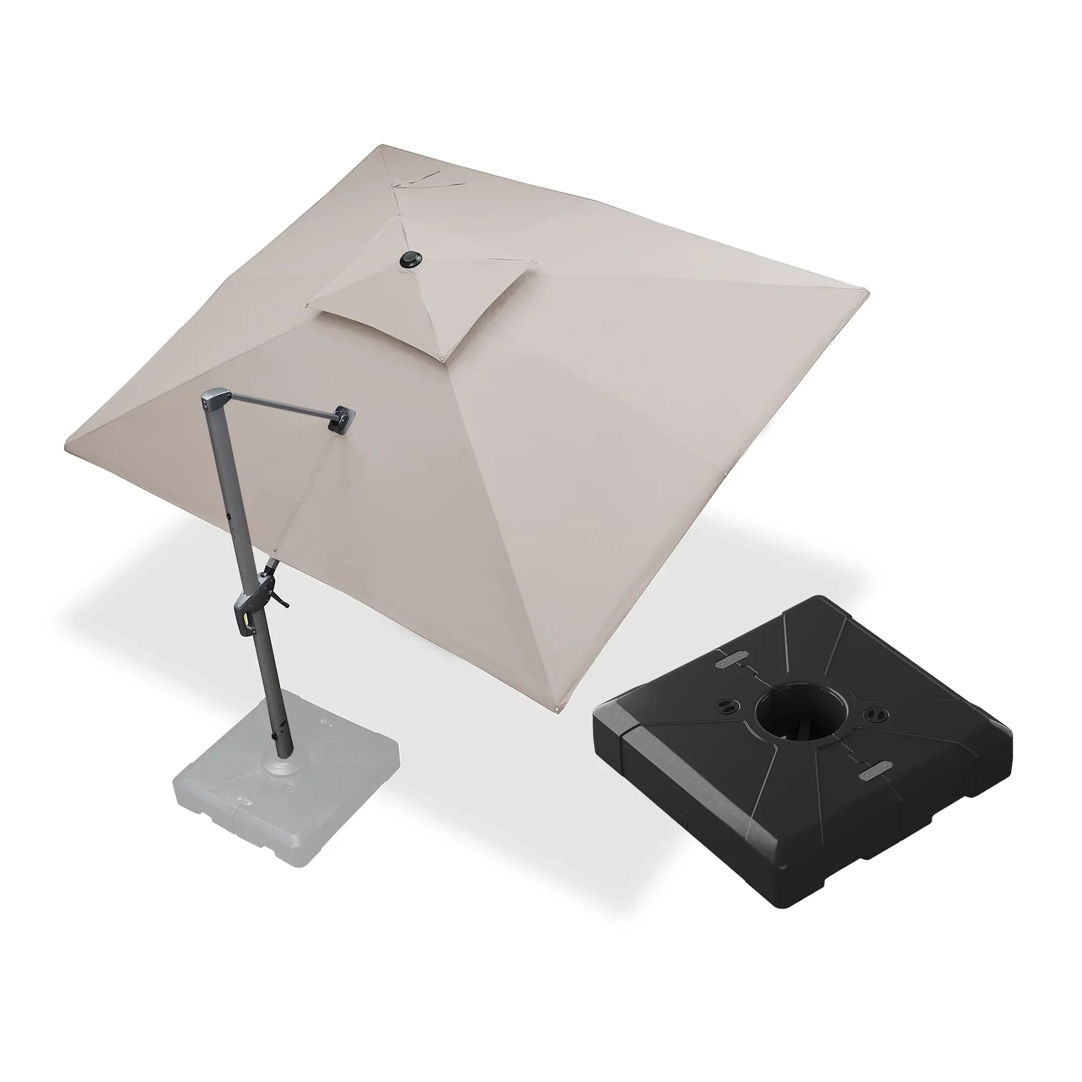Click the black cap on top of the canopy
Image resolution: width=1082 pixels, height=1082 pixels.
tap(411, 260)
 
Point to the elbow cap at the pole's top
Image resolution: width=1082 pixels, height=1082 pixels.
tap(216, 398)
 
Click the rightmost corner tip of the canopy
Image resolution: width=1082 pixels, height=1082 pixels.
tap(866, 292)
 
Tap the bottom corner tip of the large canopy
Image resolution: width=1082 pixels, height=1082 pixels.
tap(557, 711)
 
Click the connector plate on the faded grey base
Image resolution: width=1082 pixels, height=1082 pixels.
tap(244, 801)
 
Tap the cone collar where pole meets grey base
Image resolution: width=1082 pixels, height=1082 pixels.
tap(282, 764)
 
